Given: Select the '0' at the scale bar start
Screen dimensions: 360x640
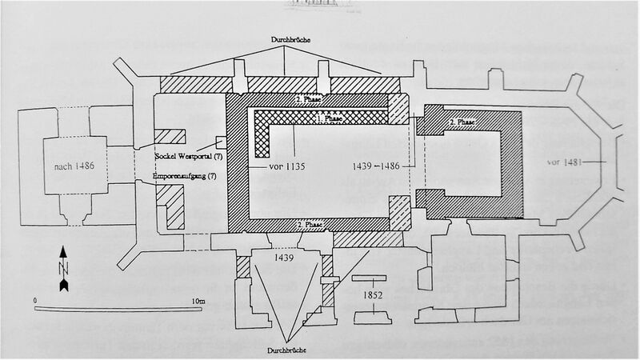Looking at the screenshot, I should tap(37, 300).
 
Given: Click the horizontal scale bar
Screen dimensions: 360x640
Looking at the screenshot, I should tap(120, 308).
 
